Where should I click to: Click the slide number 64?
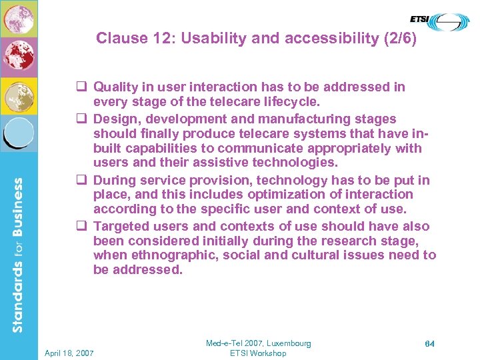pos(429,343)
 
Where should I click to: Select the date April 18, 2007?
pos(69,353)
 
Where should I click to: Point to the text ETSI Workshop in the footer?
pos(258,353)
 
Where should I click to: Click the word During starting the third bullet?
pos(114,180)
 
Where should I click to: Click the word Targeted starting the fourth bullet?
pos(121,226)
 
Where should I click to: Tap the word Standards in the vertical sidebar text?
pos(18,297)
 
